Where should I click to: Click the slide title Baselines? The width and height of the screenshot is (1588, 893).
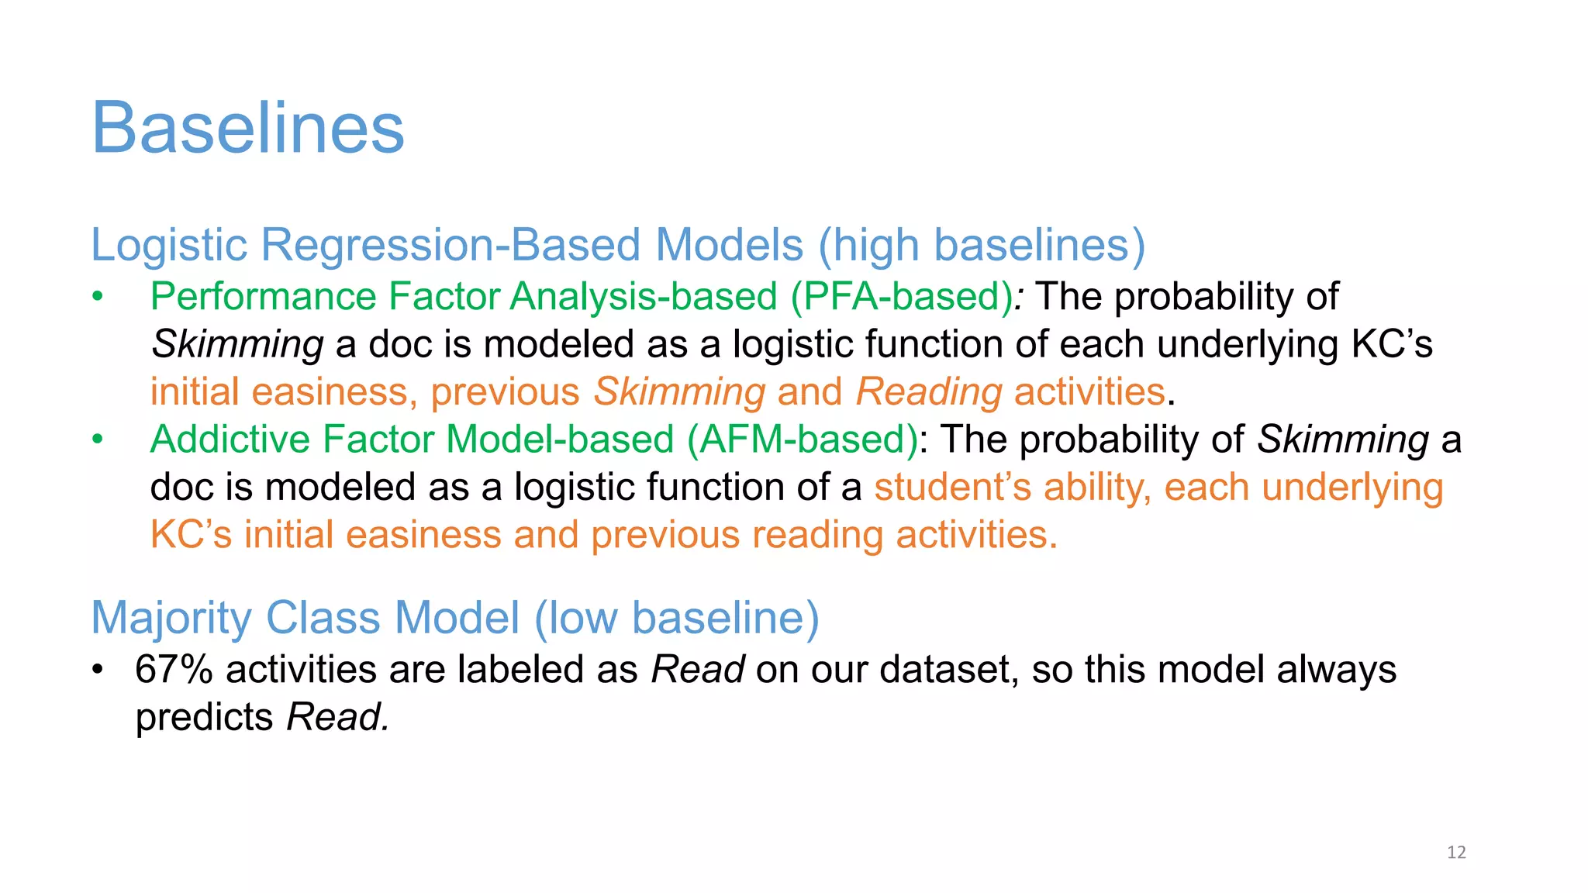click(248, 128)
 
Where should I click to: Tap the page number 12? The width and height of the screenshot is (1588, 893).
click(1456, 853)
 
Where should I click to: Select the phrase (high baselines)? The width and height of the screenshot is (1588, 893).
click(982, 246)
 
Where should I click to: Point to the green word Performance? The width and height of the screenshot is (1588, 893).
click(263, 297)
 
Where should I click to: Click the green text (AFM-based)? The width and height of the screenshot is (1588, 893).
click(803, 440)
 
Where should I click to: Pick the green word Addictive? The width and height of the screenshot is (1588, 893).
click(230, 440)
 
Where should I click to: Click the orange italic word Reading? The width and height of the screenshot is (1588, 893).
click(929, 392)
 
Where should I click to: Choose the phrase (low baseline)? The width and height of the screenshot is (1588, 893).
click(676, 619)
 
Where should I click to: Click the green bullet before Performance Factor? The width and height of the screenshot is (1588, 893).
click(97, 297)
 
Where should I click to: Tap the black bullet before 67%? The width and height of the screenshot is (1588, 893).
click(97, 670)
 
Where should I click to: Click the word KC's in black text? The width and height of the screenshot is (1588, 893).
click(1392, 345)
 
